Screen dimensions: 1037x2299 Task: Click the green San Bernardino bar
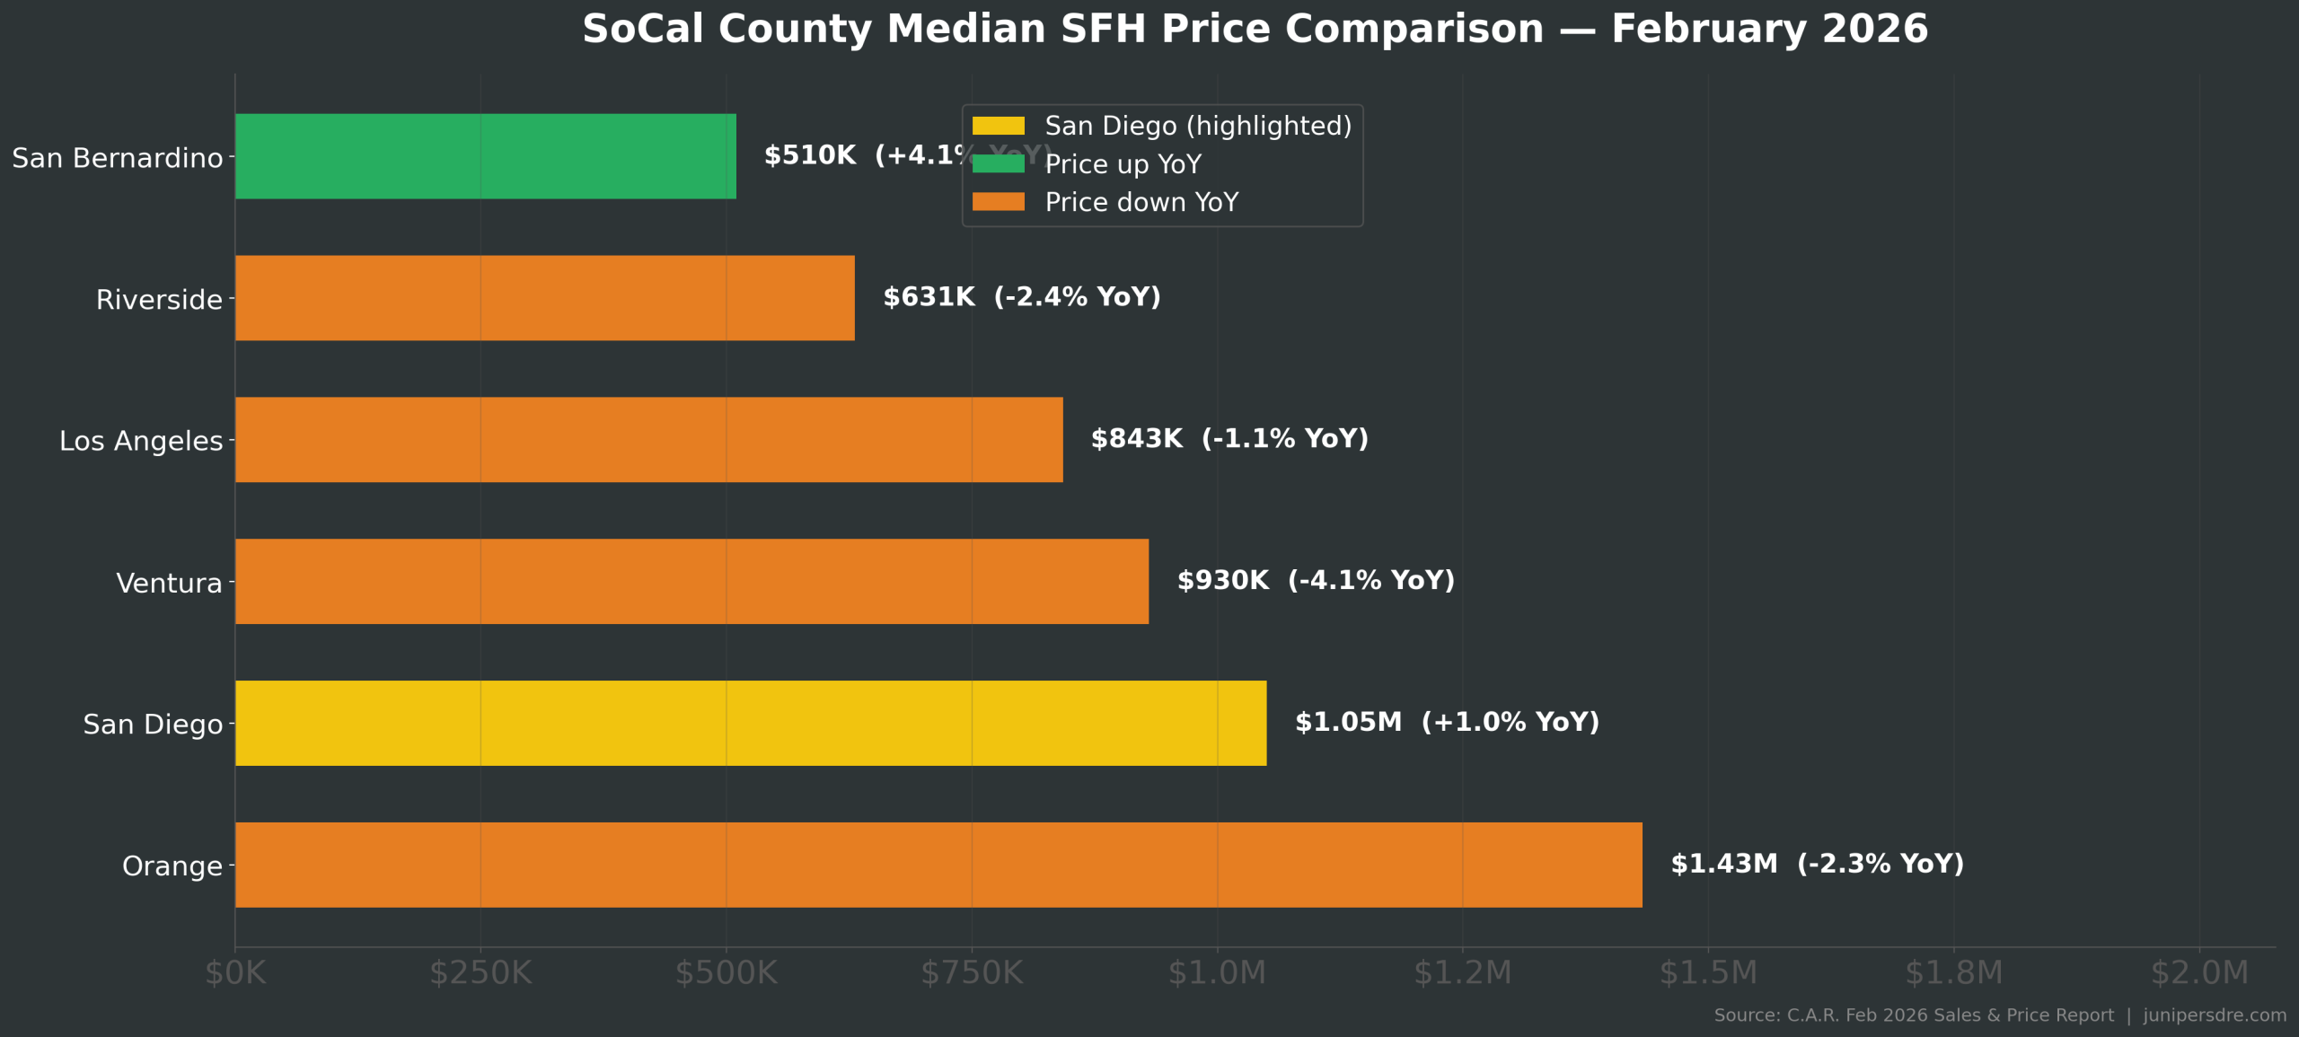pos(485,156)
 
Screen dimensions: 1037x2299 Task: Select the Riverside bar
pos(544,298)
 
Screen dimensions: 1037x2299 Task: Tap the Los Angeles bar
pos(648,440)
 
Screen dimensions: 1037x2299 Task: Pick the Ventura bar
pos(691,582)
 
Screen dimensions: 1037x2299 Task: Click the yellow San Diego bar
pos(751,724)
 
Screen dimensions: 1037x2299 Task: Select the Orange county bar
pos(938,865)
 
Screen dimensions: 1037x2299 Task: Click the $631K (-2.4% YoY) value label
pos(1022,297)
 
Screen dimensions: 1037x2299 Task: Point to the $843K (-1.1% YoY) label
pos(1229,439)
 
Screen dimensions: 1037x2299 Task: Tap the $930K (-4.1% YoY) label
pos(1316,581)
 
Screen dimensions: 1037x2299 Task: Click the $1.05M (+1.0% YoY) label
pos(1447,722)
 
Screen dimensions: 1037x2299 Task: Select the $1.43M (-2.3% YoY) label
pos(1817,864)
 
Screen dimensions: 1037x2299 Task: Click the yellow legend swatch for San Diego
pos(998,126)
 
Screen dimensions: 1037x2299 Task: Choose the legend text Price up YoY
pos(1123,164)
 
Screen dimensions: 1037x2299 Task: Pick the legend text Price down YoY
pos(1141,203)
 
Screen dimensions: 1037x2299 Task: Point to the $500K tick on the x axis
pos(727,973)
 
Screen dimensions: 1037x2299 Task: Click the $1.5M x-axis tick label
pos(1708,973)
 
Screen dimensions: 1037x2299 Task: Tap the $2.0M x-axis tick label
pos(2199,973)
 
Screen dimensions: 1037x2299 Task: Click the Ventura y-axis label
pos(169,584)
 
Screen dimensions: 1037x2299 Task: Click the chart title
pos(1255,29)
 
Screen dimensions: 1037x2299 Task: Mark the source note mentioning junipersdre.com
pos(2000,1015)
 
